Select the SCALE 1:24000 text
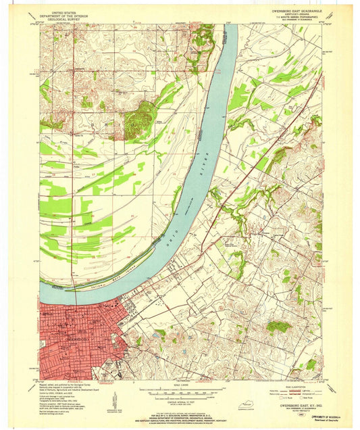[180, 386]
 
